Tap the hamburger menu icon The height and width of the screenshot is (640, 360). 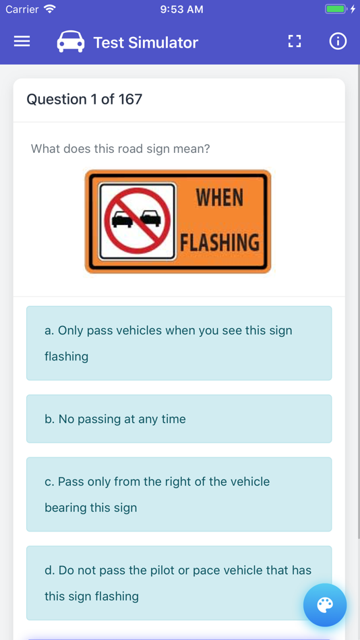22,42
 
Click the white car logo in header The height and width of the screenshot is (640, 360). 71,42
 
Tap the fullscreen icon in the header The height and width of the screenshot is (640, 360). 295,42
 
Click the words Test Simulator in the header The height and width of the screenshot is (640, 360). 146,42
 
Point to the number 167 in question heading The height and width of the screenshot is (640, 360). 130,99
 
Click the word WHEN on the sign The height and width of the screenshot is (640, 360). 219,198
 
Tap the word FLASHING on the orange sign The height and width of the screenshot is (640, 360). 220,243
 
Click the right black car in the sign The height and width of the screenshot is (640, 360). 151,218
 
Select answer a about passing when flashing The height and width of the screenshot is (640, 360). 179,344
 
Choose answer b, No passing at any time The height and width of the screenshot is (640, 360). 179,419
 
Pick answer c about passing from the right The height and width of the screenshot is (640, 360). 179,494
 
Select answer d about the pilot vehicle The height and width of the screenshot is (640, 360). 179,583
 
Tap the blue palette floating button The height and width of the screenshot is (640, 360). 325,605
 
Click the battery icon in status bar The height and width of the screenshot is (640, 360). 336,9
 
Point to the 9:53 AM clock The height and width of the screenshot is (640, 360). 181,9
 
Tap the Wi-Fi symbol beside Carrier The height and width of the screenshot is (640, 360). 50,9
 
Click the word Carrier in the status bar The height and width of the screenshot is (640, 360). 22,9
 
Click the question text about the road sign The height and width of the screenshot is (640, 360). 121,149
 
